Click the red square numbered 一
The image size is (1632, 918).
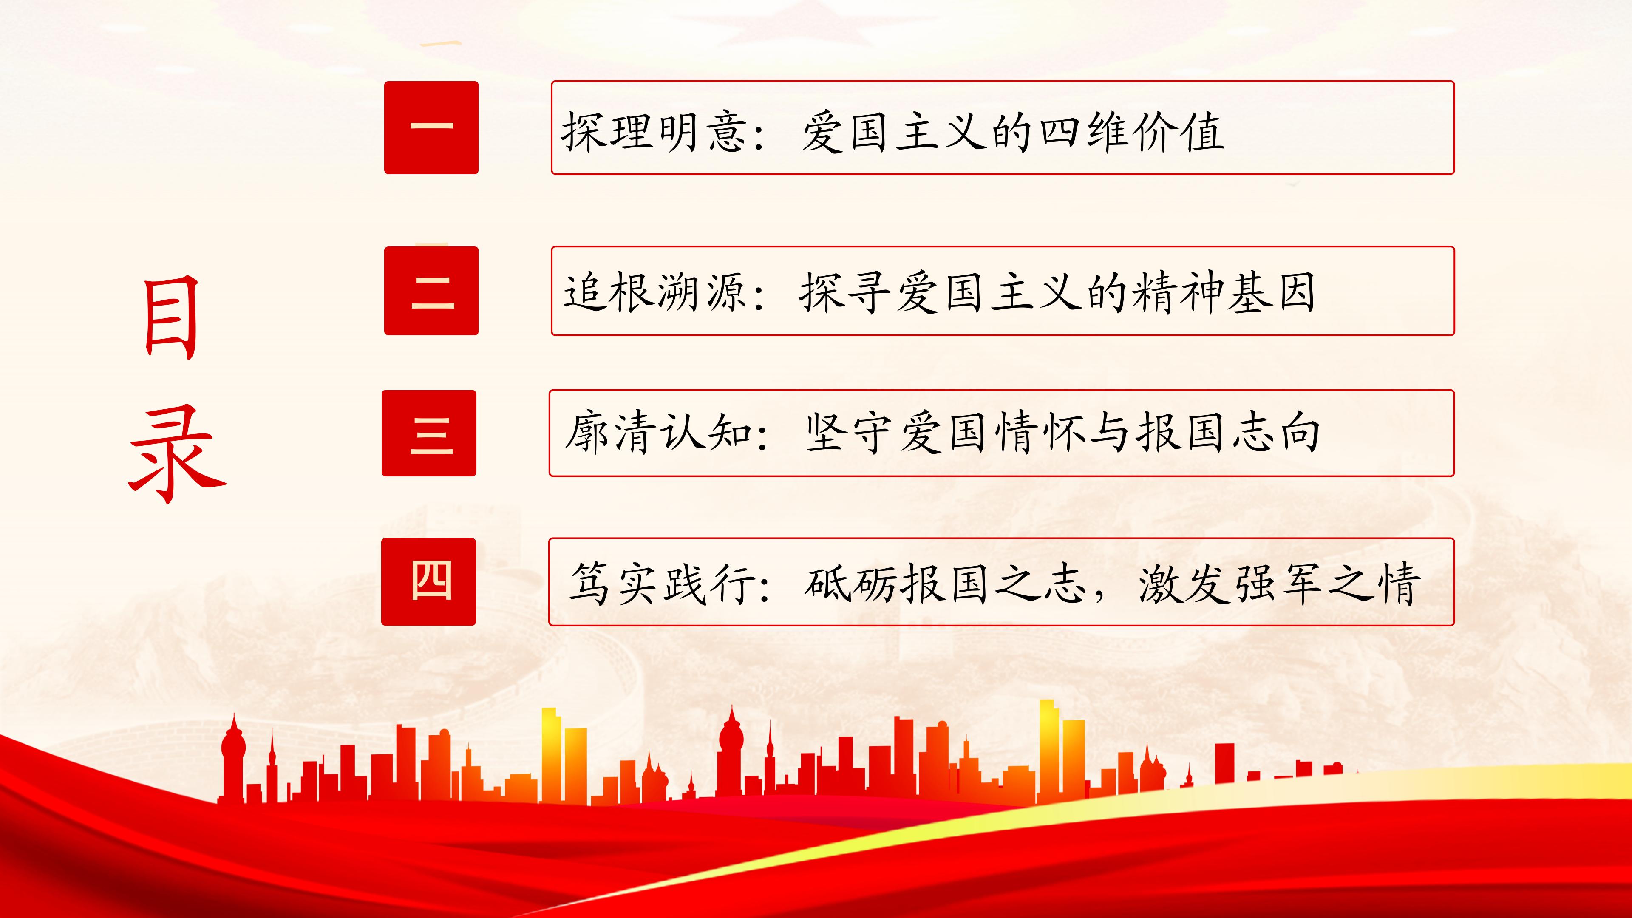click(431, 127)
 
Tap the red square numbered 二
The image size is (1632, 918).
click(431, 291)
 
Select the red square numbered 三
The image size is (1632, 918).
click(429, 433)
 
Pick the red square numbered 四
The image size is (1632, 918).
click(429, 581)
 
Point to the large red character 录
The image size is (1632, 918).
click(177, 455)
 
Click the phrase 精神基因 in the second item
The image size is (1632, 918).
click(1223, 293)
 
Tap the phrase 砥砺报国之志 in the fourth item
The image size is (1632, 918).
click(944, 583)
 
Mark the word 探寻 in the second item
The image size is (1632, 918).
click(846, 293)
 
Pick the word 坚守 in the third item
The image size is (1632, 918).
click(852, 433)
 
